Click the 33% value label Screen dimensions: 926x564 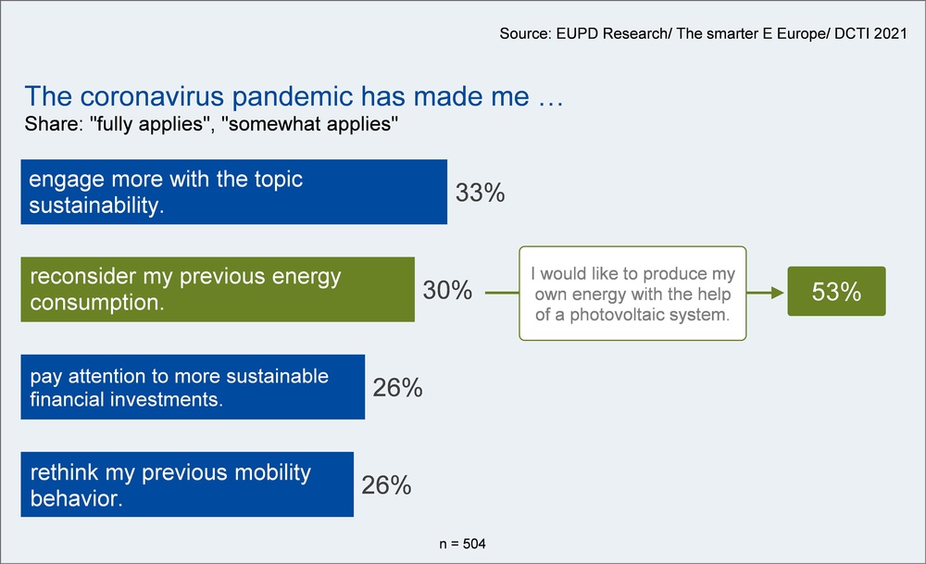point(480,193)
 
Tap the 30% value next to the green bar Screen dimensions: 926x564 point(447,290)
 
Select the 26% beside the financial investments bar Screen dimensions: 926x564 point(397,387)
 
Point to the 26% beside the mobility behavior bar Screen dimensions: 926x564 point(386,485)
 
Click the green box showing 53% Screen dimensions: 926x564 point(836,291)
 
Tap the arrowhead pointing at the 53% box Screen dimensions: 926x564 point(778,293)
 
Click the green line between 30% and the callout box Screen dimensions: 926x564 point(502,293)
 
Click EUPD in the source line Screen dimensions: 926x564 point(576,33)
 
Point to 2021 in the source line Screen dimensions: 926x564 point(890,33)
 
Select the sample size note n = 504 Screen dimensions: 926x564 point(462,544)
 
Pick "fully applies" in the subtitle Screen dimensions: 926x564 point(150,124)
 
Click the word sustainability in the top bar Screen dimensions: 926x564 point(96,206)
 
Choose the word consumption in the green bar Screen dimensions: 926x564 point(97,303)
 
